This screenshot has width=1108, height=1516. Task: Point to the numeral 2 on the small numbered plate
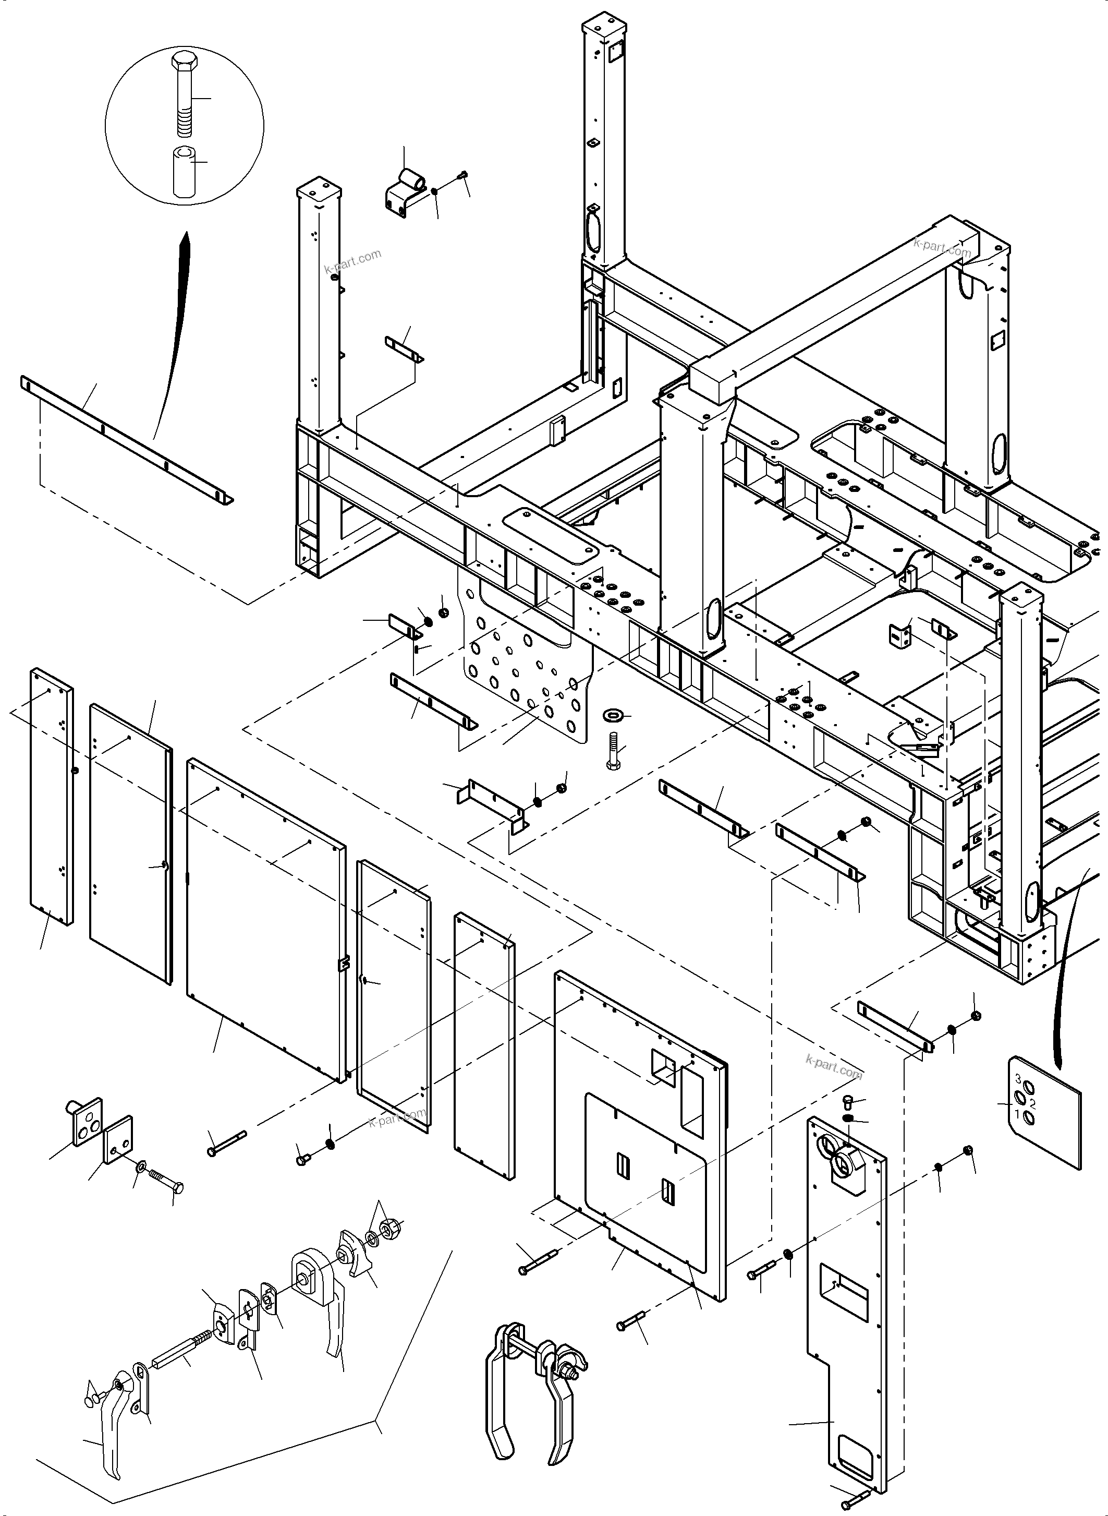click(x=1033, y=1103)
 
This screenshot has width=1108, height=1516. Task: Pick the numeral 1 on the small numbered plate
click(x=1017, y=1114)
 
